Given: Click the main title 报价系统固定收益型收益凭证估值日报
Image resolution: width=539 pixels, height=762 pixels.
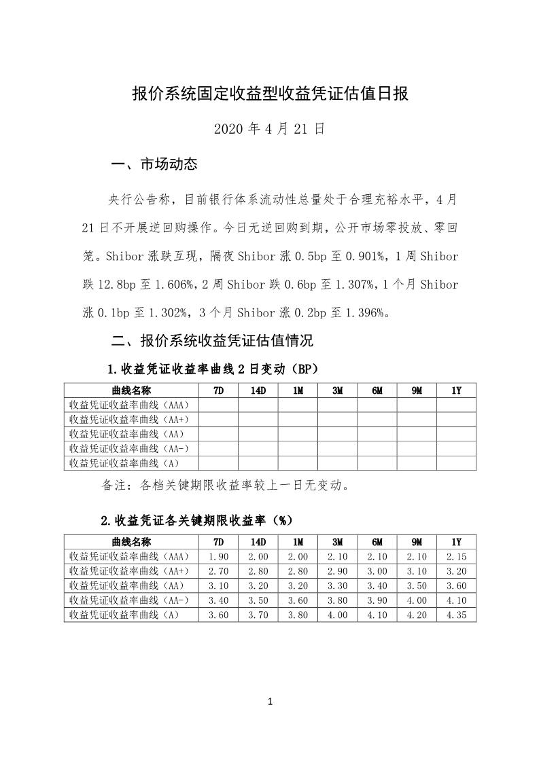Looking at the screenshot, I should pyautogui.click(x=269, y=94).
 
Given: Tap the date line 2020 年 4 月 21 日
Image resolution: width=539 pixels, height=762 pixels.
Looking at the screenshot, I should pyautogui.click(x=269, y=128).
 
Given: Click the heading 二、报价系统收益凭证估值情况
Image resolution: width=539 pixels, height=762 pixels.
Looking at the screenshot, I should pyautogui.click(x=211, y=340).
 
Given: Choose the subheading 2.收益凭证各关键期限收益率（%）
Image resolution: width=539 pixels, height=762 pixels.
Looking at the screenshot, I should pyautogui.click(x=196, y=521).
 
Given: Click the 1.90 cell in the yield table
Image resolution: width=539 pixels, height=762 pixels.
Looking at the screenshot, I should pyautogui.click(x=218, y=557).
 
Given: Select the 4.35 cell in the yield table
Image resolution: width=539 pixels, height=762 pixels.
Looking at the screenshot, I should pyautogui.click(x=456, y=615).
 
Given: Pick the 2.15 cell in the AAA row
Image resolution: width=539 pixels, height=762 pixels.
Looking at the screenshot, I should pyautogui.click(x=456, y=557).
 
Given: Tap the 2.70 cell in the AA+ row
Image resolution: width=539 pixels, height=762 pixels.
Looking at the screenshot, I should pyautogui.click(x=218, y=571).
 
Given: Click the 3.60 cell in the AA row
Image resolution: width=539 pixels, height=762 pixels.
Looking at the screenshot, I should pyautogui.click(x=456, y=586).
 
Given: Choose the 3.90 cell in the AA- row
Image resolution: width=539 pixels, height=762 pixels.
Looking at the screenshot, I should pyautogui.click(x=377, y=600).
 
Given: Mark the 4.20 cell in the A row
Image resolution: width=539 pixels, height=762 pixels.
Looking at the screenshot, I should pyautogui.click(x=417, y=615).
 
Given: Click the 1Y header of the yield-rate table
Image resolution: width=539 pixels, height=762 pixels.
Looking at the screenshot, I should pyautogui.click(x=456, y=542).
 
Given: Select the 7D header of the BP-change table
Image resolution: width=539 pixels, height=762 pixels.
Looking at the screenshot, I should pyautogui.click(x=218, y=391).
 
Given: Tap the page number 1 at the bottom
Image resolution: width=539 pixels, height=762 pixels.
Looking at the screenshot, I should pyautogui.click(x=270, y=702).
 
